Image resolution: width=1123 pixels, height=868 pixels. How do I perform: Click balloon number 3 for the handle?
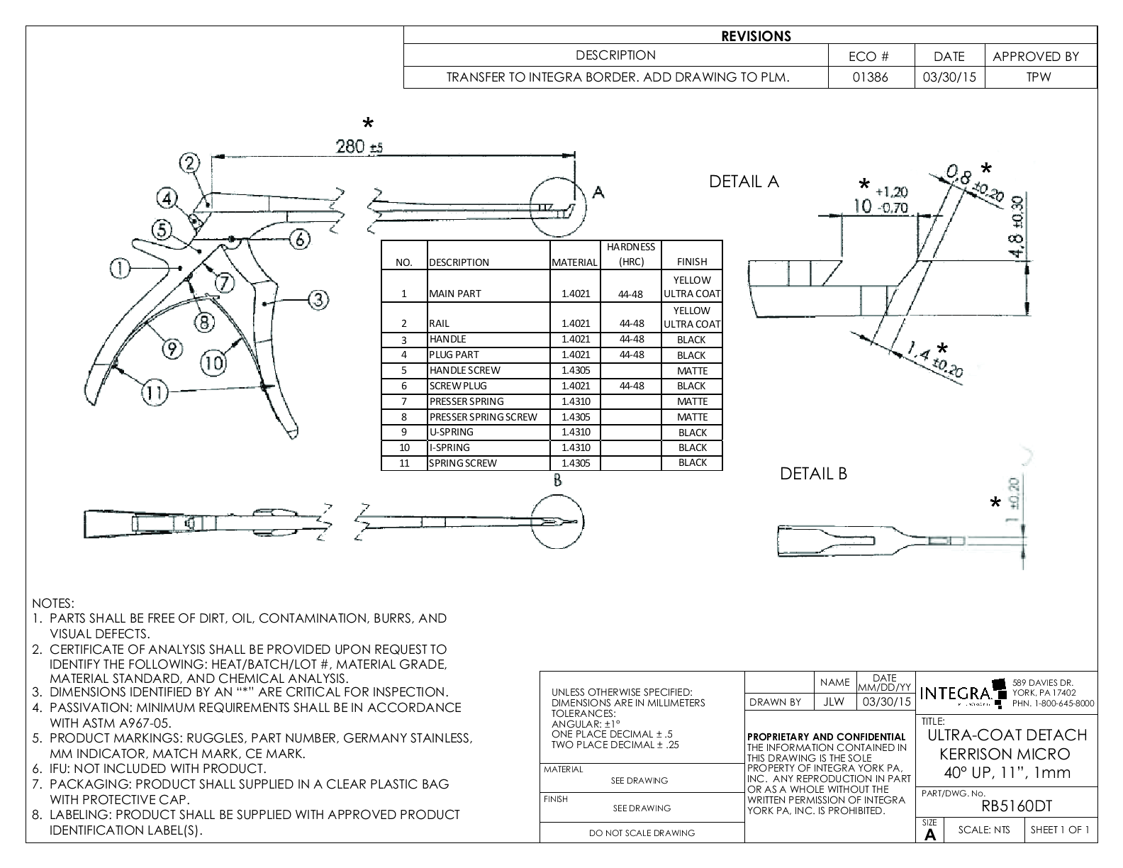[x=318, y=300]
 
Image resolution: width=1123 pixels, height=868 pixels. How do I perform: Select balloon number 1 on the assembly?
[x=121, y=267]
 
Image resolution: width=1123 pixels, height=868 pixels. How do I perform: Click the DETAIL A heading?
[x=744, y=182]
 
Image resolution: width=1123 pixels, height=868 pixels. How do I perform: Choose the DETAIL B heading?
[x=813, y=474]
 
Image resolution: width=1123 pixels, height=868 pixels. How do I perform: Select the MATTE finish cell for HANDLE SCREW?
[x=692, y=371]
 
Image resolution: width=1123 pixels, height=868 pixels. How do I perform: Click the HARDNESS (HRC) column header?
[x=630, y=255]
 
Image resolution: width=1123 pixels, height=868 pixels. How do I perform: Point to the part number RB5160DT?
[x=1016, y=806]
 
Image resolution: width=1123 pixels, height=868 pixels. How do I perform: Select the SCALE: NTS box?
[x=983, y=830]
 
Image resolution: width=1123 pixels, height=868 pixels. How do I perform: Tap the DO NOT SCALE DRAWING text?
[x=642, y=833]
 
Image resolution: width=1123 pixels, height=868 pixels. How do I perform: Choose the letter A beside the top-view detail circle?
[x=598, y=192]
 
